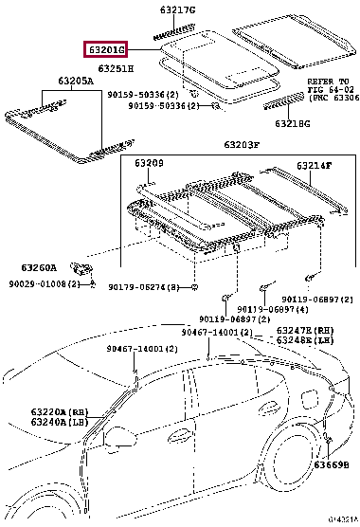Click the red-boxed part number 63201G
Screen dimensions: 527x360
point(102,51)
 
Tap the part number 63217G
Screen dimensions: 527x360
point(176,9)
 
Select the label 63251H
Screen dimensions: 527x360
point(115,69)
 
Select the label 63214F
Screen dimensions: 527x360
point(314,167)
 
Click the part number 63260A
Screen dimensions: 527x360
point(42,267)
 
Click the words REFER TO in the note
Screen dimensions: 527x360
point(328,82)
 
